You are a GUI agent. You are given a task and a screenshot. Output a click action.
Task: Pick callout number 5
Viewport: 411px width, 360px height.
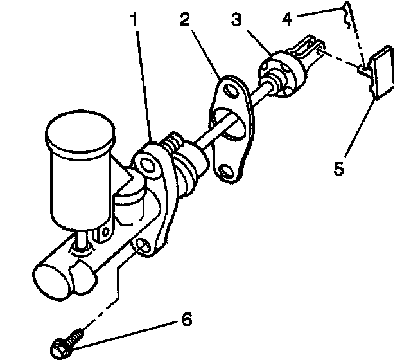(339, 169)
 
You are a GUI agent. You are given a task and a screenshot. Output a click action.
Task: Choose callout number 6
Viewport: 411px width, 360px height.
(187, 319)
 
